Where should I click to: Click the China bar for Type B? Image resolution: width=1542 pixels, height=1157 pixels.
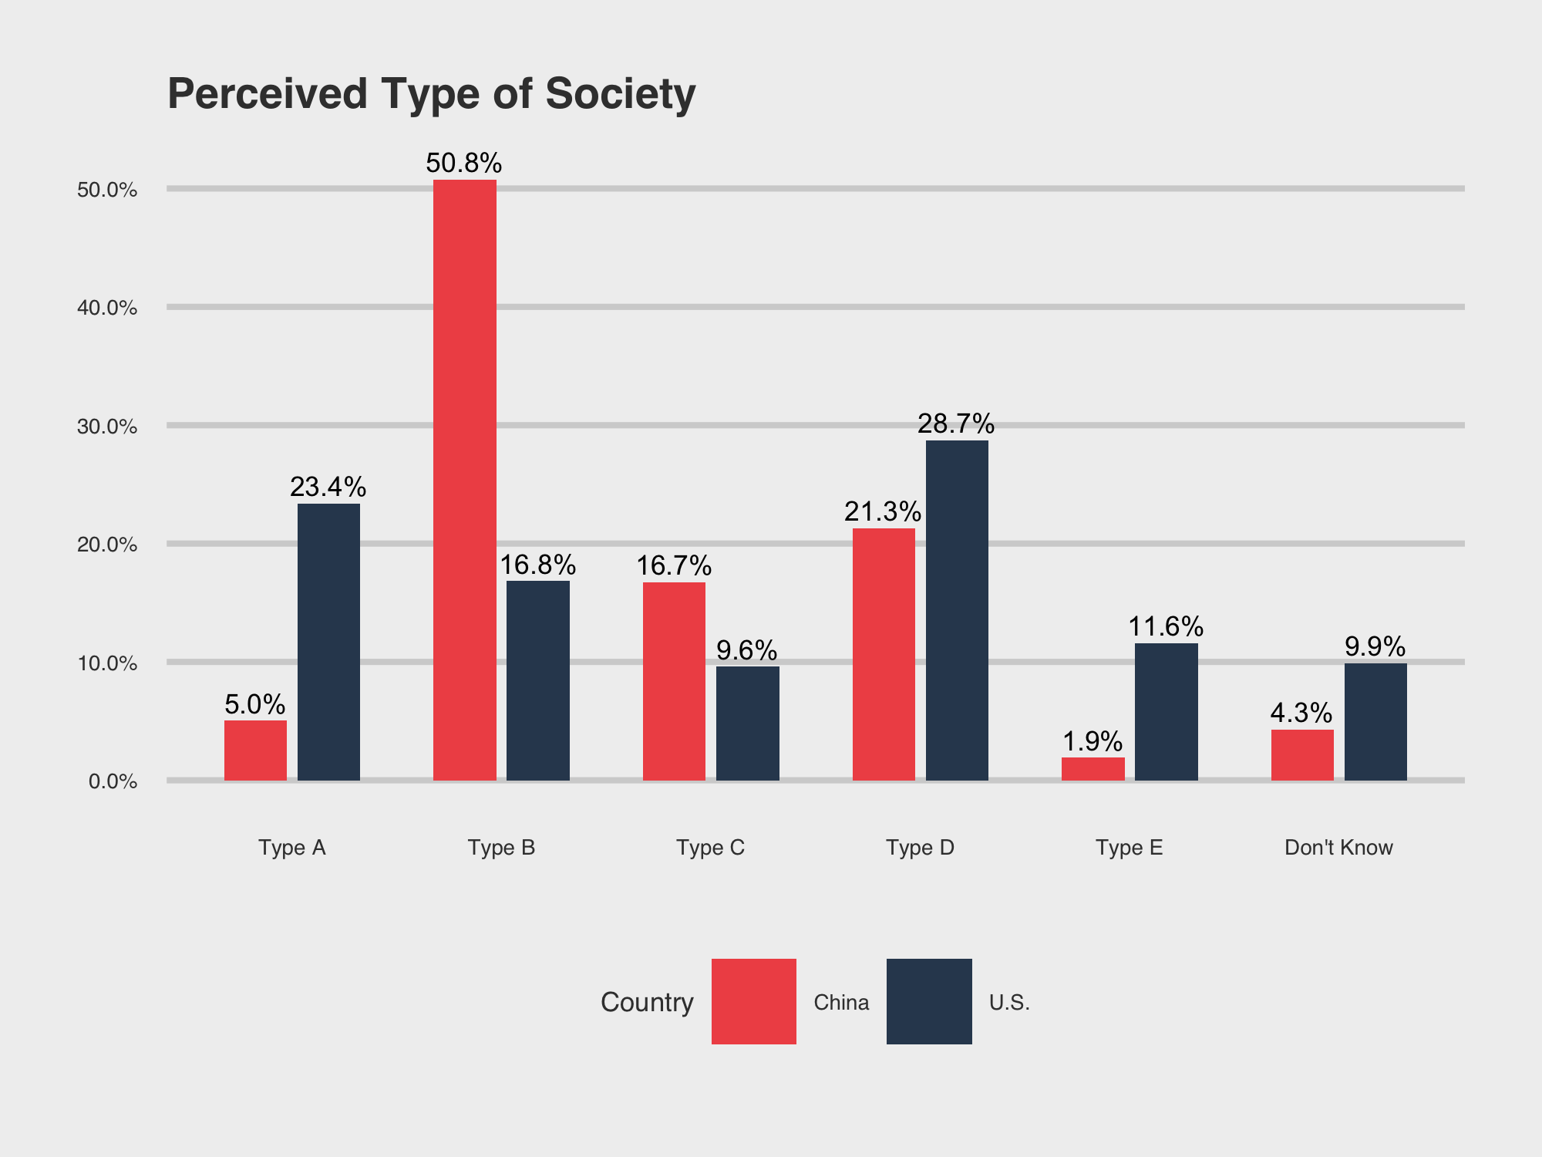coord(465,480)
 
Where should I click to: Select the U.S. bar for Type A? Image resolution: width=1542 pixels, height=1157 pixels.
coord(328,642)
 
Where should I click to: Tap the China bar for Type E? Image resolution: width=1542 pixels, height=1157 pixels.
coord(1093,769)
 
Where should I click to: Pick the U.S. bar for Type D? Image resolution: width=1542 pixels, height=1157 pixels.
coord(957,610)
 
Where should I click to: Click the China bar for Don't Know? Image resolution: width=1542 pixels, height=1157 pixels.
coord(1302,755)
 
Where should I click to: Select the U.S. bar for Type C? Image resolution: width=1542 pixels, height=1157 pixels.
coord(748,724)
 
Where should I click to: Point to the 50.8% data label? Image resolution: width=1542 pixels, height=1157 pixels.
coord(464,163)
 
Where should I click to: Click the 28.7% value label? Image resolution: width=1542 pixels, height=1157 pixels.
coord(956,423)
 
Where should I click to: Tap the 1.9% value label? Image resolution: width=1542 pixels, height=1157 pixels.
coord(1093,741)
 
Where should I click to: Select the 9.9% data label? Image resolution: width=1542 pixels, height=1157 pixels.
coord(1375,646)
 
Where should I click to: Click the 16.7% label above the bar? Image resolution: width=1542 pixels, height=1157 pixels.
coord(674,565)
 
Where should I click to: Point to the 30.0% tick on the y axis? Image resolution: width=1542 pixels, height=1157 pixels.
coord(107,427)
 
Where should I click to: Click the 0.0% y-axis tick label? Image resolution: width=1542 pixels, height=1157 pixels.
coord(113,781)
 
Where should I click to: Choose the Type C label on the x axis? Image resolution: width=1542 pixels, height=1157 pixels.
coord(711,848)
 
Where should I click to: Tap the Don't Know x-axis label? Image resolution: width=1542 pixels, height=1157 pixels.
coord(1338,848)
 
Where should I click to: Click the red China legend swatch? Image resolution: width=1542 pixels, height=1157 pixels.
coord(754,1001)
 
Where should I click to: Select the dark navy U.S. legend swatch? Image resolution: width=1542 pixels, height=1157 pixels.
coord(929,1001)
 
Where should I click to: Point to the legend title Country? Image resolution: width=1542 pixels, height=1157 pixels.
coord(647,1002)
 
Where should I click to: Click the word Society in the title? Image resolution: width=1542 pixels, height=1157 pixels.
coord(621,95)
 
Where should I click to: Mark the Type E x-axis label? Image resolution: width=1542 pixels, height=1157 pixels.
coord(1130,848)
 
